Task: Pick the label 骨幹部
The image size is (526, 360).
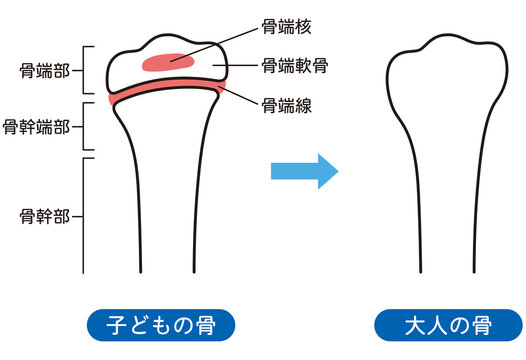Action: click(x=43, y=215)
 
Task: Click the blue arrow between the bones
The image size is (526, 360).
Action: click(x=305, y=172)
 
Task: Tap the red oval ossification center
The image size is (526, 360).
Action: click(x=167, y=62)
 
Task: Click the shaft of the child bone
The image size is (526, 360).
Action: click(x=165, y=220)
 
